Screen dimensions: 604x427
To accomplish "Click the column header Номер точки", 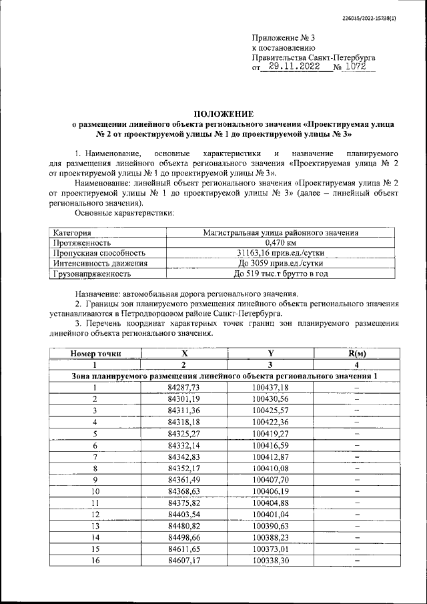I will click(95, 353).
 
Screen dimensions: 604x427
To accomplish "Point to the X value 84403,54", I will click(184, 514).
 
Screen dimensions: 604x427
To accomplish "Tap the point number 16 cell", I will click(95, 560).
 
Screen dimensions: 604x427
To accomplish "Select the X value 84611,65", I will click(184, 549).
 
